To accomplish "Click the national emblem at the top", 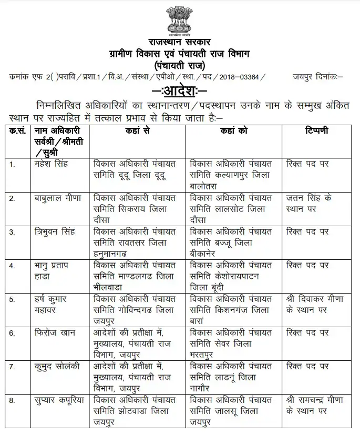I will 179,19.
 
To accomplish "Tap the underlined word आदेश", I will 180,90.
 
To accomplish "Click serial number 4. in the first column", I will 12,266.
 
